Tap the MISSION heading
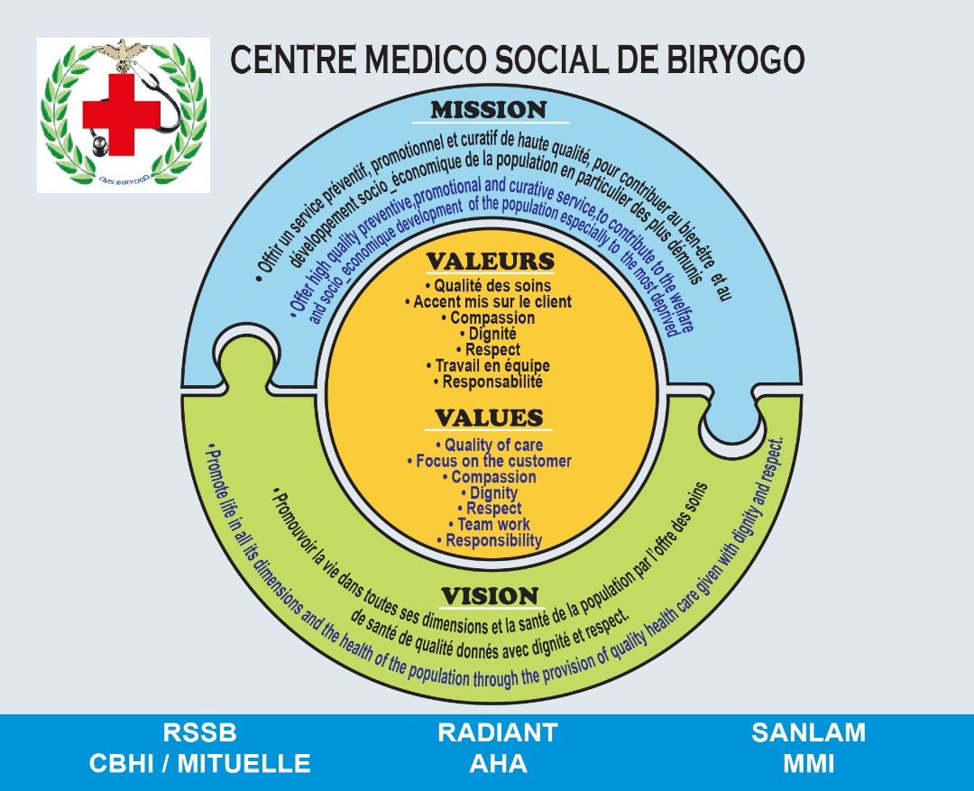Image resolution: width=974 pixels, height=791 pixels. pyautogui.click(x=489, y=110)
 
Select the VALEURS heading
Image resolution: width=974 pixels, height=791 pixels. pyautogui.click(x=490, y=262)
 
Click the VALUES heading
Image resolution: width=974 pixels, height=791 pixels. pyautogui.click(x=490, y=418)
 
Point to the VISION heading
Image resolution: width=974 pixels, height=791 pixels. pyautogui.click(x=490, y=596)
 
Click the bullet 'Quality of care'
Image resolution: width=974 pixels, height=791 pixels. pyautogui.click(x=489, y=445)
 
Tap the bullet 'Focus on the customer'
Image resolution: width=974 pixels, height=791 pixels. pyautogui.click(x=489, y=461)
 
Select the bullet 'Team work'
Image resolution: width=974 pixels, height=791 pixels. pyautogui.click(x=489, y=524)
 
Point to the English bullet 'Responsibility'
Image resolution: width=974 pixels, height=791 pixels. pyautogui.click(x=489, y=540)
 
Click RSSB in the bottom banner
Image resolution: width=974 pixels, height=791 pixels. pyautogui.click(x=199, y=732)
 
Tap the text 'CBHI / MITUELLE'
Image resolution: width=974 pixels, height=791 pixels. pyautogui.click(x=199, y=764)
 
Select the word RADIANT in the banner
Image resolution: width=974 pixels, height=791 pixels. pyautogui.click(x=498, y=732)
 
